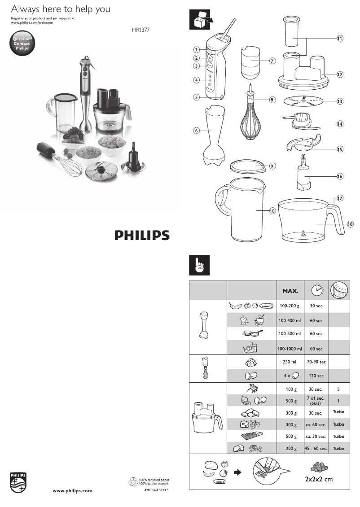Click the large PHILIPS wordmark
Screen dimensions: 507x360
pos(141,235)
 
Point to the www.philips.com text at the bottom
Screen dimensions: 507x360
pos(73,491)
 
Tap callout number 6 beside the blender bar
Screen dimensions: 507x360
pos(196,131)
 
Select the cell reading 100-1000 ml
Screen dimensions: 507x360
pos(290,349)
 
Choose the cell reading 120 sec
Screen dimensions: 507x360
pos(316,376)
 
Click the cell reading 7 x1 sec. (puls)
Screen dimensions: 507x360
pos(316,400)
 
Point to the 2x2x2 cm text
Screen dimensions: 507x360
pos(316,480)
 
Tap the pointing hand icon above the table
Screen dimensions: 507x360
pos(198,265)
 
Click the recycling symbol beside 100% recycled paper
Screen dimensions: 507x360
pos(133,482)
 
